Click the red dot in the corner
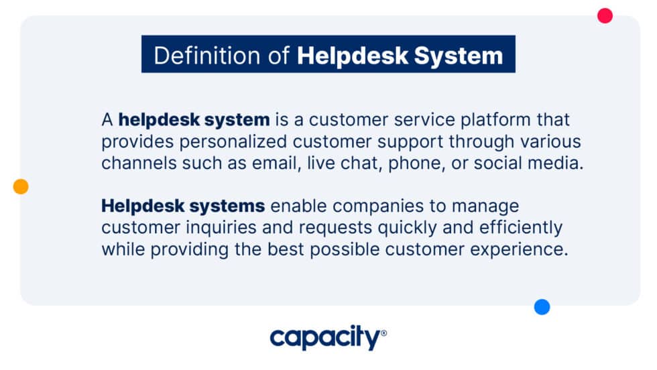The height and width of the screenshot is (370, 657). coord(605,15)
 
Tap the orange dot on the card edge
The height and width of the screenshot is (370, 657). coord(21,186)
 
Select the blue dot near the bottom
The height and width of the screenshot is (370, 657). coord(542,307)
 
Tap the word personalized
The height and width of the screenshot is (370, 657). coord(218,143)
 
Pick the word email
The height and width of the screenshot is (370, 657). coord(273,165)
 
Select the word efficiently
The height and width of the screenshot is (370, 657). coord(520,227)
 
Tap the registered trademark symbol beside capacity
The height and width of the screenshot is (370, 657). coord(383,332)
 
